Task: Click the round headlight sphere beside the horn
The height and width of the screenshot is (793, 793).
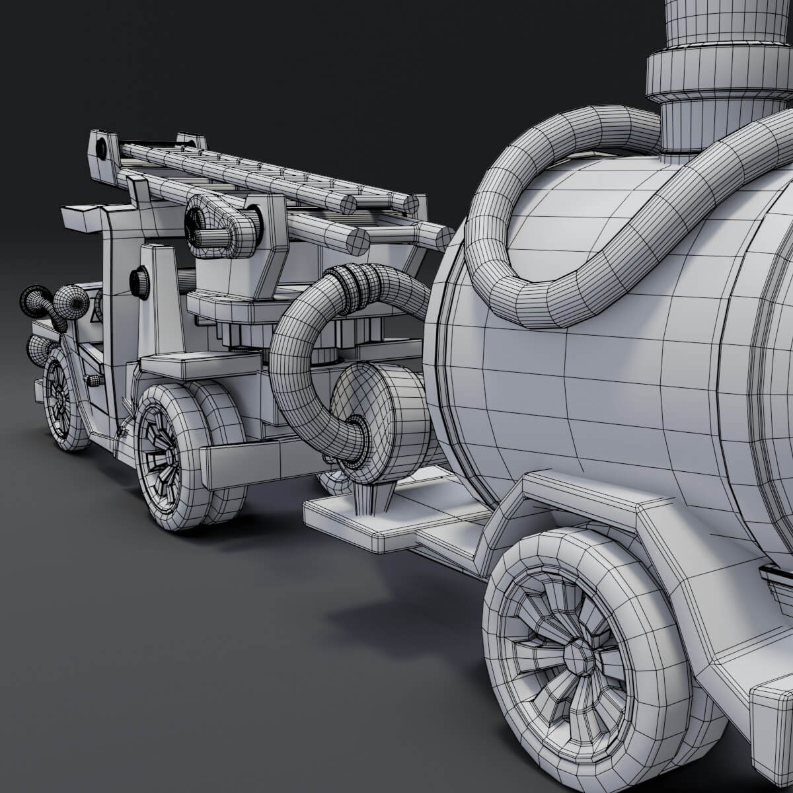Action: click(x=71, y=303)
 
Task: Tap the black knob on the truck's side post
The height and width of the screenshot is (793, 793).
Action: click(x=139, y=282)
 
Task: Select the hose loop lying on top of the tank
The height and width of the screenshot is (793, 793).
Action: click(x=562, y=218)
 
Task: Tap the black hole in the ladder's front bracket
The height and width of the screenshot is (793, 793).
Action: click(x=101, y=149)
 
